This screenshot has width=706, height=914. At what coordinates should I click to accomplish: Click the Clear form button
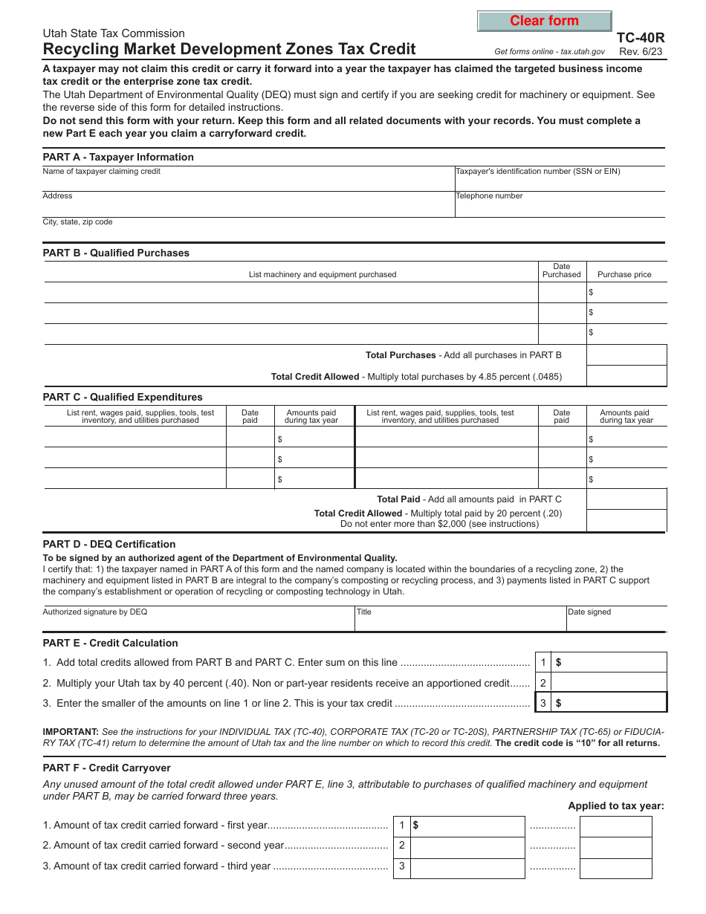544,22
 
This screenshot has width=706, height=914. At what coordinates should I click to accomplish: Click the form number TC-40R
641,38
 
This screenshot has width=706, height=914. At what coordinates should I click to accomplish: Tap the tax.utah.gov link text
583,52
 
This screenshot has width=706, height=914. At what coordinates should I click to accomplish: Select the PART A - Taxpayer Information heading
118,157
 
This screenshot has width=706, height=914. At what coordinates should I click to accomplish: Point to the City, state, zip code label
78,222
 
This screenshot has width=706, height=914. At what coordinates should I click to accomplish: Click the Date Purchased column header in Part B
561,270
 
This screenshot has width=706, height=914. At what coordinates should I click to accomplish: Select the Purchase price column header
624,274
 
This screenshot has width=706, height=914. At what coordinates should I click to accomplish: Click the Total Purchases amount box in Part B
626,355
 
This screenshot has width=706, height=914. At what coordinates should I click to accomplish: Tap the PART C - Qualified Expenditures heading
123,397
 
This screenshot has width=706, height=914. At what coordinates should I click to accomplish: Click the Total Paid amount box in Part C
626,499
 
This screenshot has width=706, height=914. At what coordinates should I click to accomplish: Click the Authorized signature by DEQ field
198,620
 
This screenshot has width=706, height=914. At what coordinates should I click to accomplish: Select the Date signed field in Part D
616,620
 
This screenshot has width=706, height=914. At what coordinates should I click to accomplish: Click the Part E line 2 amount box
609,683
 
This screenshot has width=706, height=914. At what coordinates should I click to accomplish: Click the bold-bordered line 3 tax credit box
609,703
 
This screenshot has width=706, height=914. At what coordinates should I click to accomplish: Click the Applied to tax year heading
616,806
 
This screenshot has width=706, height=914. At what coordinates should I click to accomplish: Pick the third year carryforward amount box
467,866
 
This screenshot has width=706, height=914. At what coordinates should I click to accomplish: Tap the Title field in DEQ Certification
459,620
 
